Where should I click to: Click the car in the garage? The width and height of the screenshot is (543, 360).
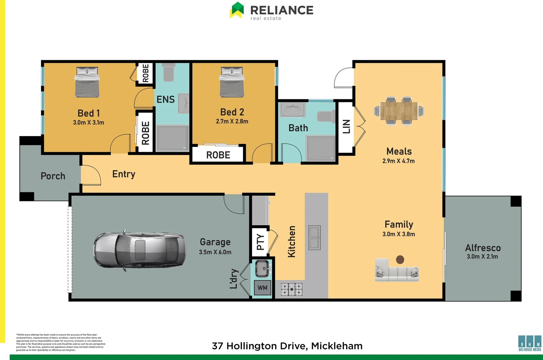point(139,249)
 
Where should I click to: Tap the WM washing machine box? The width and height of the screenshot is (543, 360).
point(262,288)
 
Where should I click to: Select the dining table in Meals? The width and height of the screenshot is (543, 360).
point(399,111)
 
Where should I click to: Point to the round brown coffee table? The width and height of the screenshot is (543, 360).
point(400,259)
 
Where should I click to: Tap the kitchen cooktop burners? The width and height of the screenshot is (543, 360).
point(292,289)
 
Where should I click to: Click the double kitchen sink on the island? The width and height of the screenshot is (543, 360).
point(314,238)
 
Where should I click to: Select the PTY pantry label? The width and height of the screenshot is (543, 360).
point(260,242)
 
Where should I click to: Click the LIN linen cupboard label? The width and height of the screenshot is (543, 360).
point(347,127)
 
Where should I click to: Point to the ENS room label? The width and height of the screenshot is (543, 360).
point(165,99)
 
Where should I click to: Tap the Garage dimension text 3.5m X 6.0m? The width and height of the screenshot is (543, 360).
point(215,252)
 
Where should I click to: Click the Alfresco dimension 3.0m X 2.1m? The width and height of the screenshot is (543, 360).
point(482,256)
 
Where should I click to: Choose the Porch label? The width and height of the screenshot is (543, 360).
point(53,176)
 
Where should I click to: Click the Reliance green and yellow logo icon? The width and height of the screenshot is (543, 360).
point(237,10)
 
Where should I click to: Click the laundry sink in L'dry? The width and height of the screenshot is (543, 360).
point(262,269)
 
